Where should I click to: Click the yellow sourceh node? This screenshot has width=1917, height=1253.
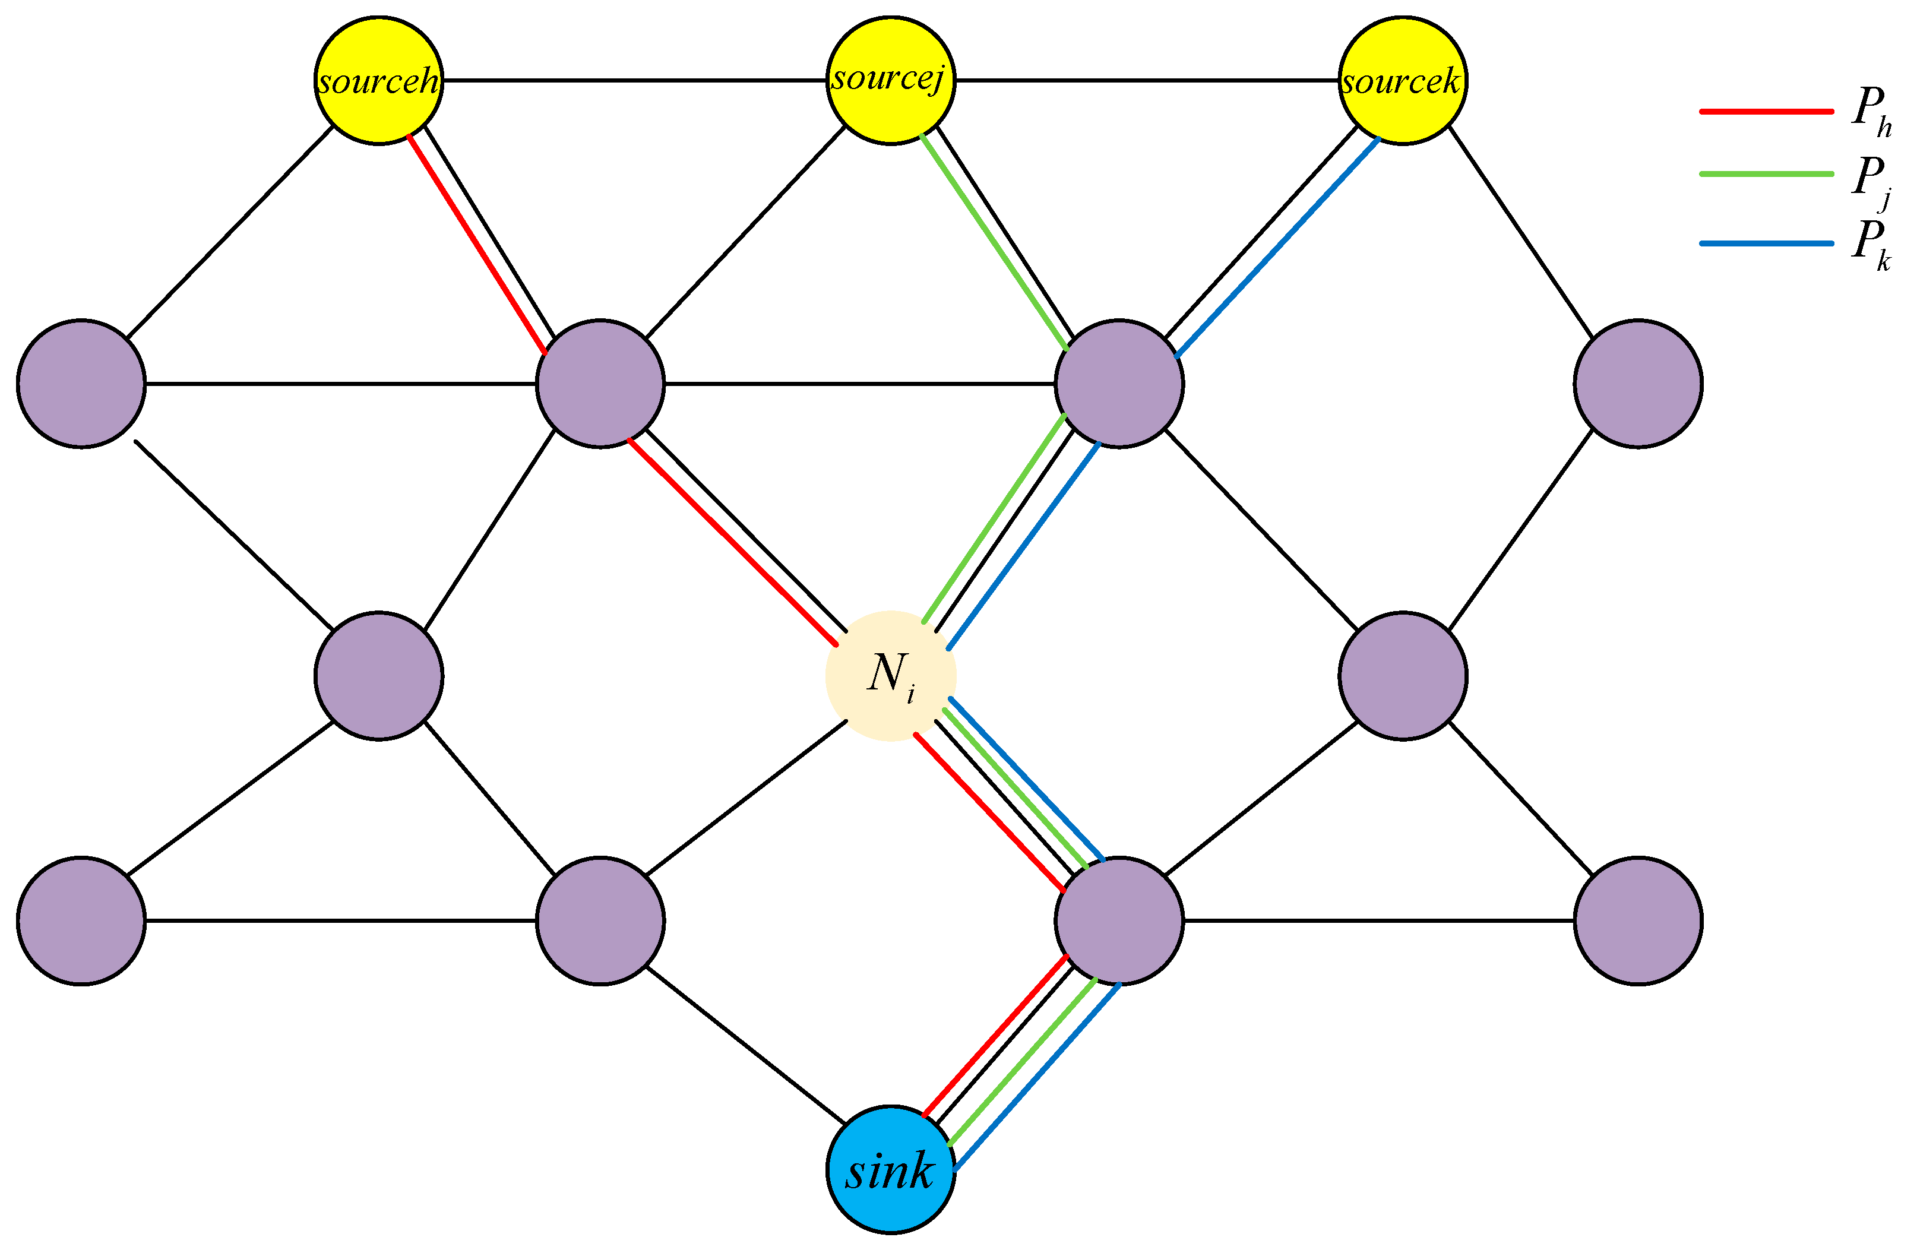coord(378,81)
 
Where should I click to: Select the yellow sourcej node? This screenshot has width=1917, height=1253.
coord(891,81)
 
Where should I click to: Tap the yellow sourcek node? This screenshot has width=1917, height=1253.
coord(1402,81)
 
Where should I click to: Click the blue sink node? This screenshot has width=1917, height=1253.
coord(891,1169)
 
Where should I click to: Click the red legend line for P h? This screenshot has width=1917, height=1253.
coord(1766,111)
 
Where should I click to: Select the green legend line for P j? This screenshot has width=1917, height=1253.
coord(1766,174)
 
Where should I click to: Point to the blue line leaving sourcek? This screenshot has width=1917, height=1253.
coord(1277,247)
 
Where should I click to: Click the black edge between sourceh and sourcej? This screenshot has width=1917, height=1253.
coord(635,81)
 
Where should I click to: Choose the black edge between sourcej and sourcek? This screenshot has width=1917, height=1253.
coord(1147,81)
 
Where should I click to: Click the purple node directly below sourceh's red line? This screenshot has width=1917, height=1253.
coord(600,383)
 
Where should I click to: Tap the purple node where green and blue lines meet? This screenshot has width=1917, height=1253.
coord(1119,383)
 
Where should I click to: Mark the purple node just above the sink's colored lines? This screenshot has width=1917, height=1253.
coord(1119,920)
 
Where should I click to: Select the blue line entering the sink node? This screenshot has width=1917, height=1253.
coord(1037,1077)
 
